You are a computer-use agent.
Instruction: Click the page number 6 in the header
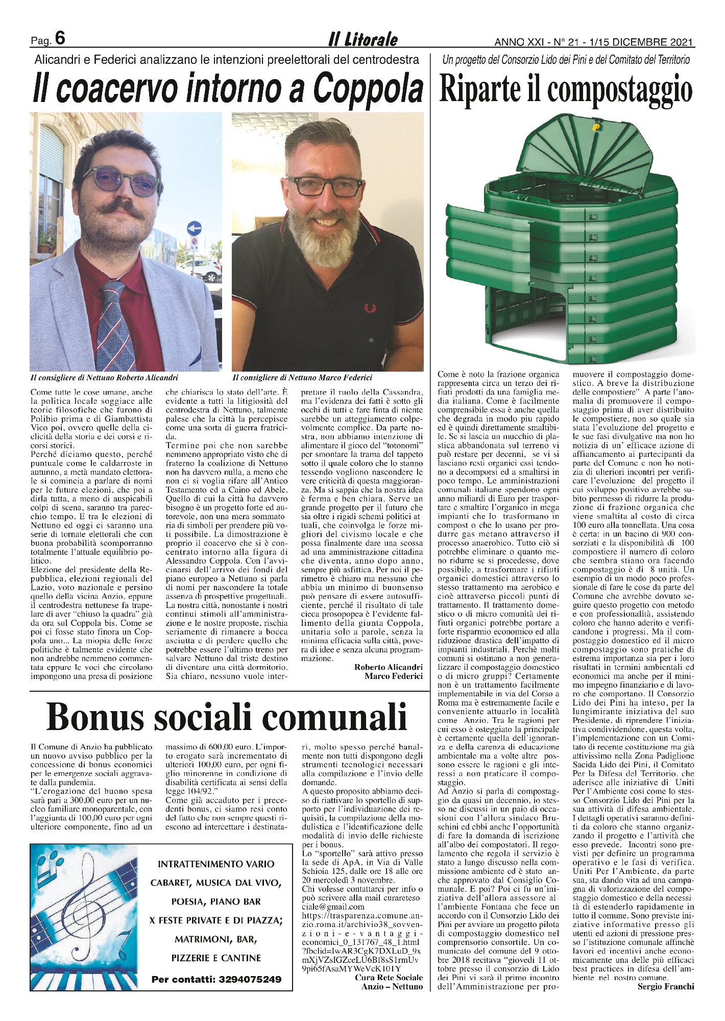[59, 38]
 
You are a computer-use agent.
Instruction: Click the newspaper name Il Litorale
[362, 39]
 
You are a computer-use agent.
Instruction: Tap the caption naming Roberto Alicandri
[104, 378]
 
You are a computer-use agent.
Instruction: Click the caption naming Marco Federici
[302, 378]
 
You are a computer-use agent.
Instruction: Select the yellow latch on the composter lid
[595, 124]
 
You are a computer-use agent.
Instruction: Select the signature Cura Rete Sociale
[389, 977]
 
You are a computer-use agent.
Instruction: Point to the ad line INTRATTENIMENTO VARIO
[216, 864]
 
